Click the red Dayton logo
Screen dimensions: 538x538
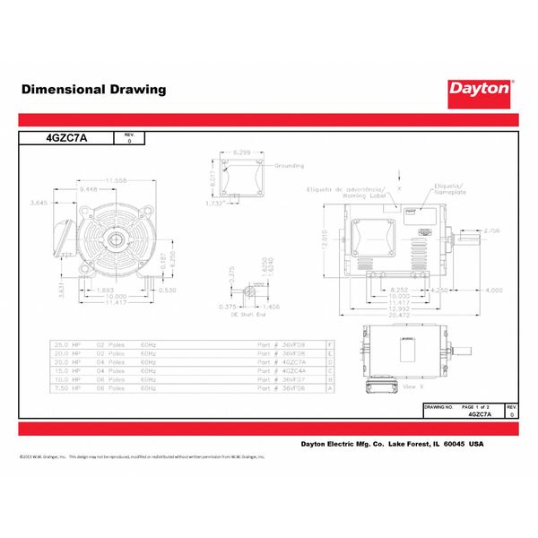[480, 90]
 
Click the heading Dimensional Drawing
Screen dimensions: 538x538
[93, 90]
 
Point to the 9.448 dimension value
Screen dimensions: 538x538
[90, 190]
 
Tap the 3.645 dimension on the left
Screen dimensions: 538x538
[39, 203]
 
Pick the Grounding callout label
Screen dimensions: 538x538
[289, 166]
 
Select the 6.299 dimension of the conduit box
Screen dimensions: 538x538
[240, 154]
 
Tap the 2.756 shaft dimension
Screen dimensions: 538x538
[492, 231]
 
